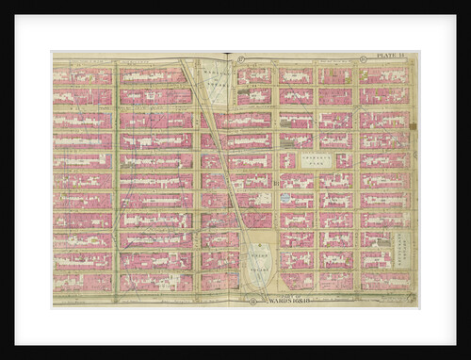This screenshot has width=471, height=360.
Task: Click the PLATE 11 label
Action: [x=390, y=57]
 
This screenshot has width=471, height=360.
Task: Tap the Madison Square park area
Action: [x=218, y=76]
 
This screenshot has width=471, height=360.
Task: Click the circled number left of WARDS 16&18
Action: [x=253, y=302]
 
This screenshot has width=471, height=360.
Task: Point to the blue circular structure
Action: [x=285, y=198]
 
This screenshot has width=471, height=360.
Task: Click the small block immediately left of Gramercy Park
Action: [x=288, y=160]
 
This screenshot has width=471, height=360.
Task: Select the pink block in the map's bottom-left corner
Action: [x=83, y=281]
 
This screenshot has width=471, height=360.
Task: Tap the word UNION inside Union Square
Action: [x=256, y=251]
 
